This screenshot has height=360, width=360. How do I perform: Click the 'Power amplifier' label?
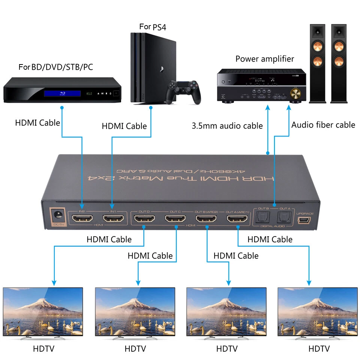tap(265, 59)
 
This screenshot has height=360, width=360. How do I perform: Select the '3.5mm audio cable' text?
tap(227, 126)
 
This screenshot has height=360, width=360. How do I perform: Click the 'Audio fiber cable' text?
tap(323, 125)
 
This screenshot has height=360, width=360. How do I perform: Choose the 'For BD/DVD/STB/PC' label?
tap(56, 67)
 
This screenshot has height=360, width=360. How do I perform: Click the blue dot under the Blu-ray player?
tap(62, 108)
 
